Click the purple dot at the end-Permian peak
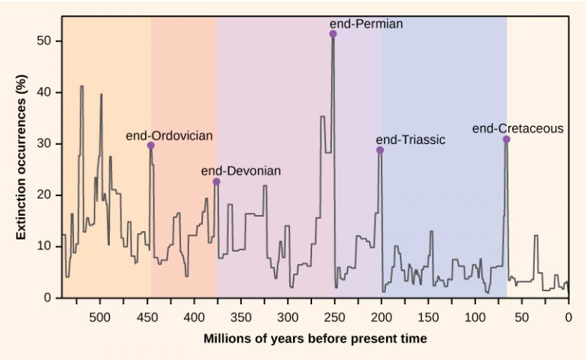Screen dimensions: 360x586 coord(333,34)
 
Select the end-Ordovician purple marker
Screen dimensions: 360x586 coord(151,145)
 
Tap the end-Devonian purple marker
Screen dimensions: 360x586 coord(217,182)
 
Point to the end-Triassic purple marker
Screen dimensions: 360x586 coord(380,150)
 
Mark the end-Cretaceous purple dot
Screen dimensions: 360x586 coord(507,140)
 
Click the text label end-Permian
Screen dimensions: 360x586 coord(365,24)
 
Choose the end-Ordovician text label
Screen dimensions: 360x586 coord(169,136)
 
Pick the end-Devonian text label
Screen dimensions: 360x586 coord(240,171)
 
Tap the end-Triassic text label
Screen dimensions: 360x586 coord(411,140)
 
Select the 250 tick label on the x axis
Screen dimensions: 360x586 coord(334,316)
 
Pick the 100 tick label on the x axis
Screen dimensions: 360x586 coord(475,316)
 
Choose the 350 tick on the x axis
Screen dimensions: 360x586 coord(240,316)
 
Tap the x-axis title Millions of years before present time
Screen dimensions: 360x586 coord(315,337)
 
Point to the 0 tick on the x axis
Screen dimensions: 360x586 coord(568,316)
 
